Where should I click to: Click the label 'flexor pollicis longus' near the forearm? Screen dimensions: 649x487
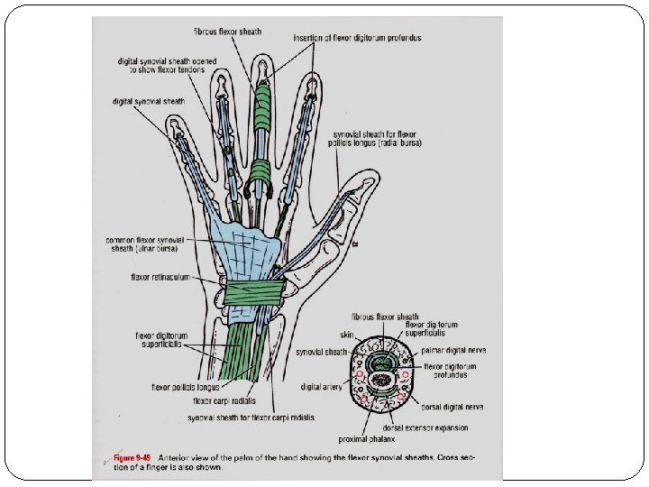coord(185,388)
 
